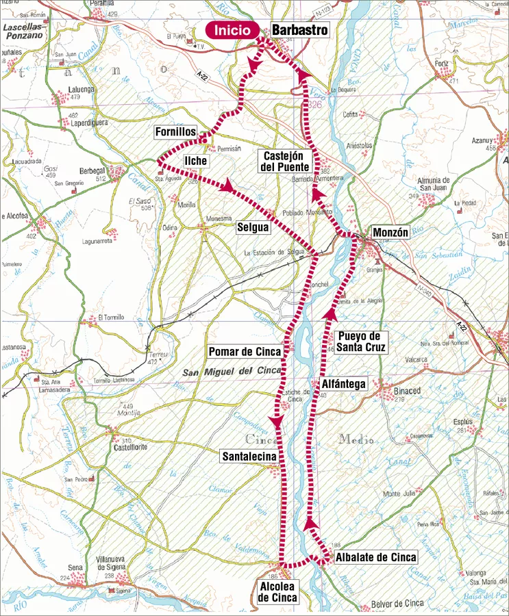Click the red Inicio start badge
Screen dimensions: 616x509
[x=233, y=31]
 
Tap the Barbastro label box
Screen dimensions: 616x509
[x=300, y=31]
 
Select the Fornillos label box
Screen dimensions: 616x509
[x=176, y=131]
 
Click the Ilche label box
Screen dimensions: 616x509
[x=195, y=161]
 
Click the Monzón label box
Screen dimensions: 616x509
[x=390, y=233]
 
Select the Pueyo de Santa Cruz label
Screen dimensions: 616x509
[x=363, y=342]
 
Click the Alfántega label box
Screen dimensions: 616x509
[x=344, y=385]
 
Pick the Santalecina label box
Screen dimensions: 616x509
[x=248, y=457]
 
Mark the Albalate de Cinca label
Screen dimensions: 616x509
[x=376, y=558]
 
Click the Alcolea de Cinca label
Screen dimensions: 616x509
[x=277, y=592]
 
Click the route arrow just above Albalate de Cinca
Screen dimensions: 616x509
[x=311, y=524]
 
